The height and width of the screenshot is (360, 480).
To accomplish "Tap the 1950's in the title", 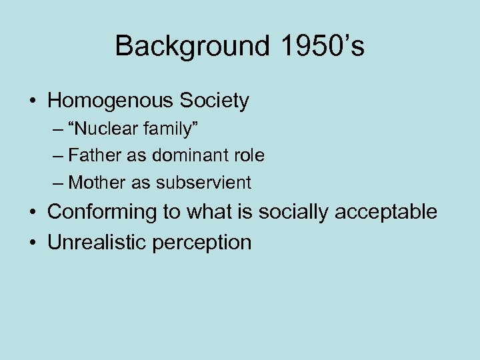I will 317,47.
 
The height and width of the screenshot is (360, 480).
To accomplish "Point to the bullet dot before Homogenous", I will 32,102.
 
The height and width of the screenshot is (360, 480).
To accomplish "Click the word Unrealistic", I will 97,242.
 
